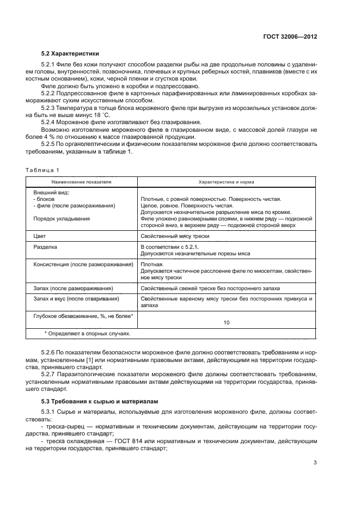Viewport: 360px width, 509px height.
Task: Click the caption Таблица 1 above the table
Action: point(42,170)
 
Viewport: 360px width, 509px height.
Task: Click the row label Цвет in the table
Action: point(40,236)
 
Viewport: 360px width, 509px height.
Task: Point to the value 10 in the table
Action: point(226,322)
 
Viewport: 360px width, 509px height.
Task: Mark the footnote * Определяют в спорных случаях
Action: point(87,333)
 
